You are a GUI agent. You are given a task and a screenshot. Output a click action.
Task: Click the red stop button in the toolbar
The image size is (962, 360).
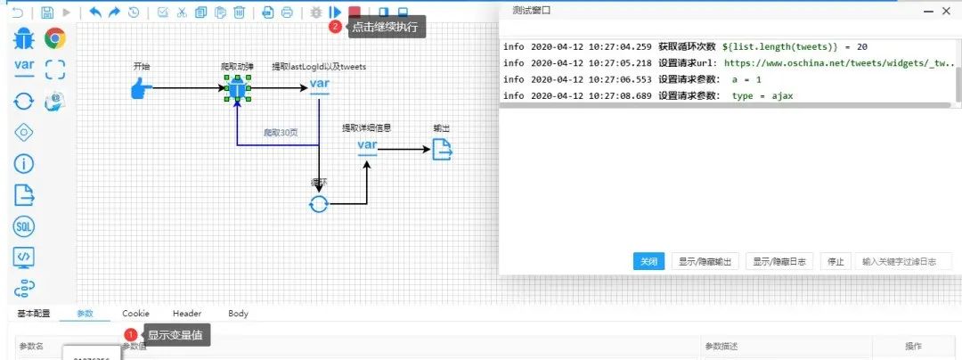[355, 12]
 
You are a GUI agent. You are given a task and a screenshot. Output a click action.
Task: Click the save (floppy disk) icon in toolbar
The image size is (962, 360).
[47, 12]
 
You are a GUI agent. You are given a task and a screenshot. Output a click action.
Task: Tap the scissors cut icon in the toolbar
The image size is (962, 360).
[182, 12]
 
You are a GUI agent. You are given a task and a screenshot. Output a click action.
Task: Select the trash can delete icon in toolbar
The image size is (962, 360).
[239, 12]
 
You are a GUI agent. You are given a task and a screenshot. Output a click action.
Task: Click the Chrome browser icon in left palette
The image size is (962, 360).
[55, 38]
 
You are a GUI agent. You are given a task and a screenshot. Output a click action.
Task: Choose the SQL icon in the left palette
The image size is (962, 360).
[24, 226]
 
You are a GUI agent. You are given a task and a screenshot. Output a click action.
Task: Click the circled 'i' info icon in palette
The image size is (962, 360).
[24, 163]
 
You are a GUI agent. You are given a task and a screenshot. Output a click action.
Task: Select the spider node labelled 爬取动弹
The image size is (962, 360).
[237, 88]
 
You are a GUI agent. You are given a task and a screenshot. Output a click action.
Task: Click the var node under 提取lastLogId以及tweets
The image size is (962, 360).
[320, 87]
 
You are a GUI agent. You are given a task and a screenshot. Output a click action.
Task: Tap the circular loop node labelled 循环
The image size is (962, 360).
[318, 204]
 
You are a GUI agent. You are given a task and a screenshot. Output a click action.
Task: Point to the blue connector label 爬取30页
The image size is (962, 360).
[280, 133]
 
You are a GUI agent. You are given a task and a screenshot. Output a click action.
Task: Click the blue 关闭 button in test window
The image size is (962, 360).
[648, 261]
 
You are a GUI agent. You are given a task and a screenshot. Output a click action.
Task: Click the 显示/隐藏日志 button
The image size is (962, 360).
[779, 261]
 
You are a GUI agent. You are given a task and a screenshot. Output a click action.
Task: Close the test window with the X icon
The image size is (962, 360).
[950, 11]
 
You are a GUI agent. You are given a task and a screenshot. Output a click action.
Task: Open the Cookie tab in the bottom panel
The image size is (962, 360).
[135, 314]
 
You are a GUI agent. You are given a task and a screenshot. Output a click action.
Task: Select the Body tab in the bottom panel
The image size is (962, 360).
[238, 314]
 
